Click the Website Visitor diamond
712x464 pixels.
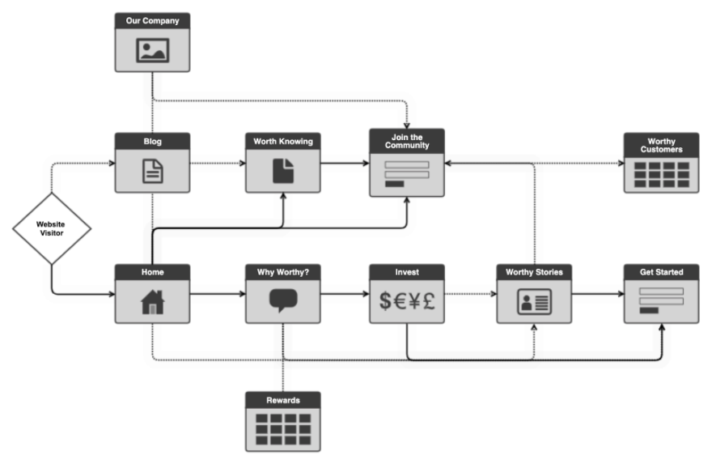52,228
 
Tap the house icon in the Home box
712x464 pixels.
152,301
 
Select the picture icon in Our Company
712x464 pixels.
152,50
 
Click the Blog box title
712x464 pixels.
152,142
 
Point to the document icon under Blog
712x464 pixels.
152,171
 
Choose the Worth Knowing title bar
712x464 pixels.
283,142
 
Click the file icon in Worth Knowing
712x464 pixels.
283,171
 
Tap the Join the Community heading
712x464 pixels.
407,140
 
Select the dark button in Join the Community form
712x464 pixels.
394,184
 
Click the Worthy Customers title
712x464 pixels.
661,144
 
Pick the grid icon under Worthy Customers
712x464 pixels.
661,173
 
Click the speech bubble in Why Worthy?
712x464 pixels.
283,300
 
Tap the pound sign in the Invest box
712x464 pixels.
428,301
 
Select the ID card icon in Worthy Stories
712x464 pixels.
534,302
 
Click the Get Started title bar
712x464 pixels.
661,272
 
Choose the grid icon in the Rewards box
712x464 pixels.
283,428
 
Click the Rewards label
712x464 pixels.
283,400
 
